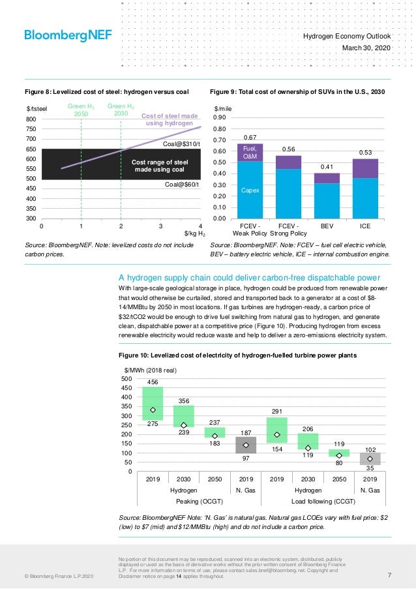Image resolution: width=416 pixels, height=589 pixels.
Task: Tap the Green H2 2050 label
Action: tap(80, 109)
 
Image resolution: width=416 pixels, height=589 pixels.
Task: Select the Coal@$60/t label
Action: tap(182, 185)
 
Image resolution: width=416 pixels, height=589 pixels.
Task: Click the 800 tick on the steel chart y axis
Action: tap(31, 120)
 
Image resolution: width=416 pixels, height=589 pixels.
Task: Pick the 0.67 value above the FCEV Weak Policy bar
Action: tap(250, 138)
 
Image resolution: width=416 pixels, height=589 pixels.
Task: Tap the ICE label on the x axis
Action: tap(366, 226)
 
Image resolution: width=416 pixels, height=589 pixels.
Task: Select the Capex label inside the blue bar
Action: tap(250, 191)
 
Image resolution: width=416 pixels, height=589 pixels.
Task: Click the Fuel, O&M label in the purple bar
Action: tap(250, 153)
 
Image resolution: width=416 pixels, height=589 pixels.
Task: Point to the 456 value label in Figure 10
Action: tap(153, 382)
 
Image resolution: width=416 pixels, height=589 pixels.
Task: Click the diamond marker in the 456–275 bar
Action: tap(153, 410)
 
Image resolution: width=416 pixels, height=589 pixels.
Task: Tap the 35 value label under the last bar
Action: tap(370, 468)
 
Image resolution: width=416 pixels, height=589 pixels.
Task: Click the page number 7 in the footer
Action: tap(389, 575)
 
